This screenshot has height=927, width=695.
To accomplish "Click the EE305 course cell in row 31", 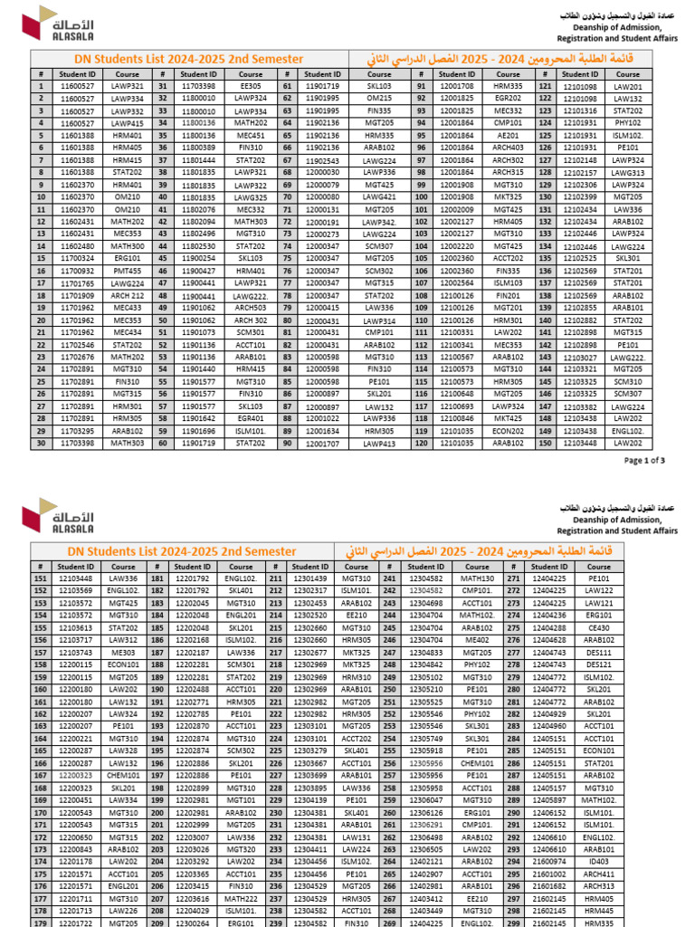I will pyautogui.click(x=251, y=87).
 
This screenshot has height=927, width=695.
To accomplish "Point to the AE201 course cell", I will pyautogui.click(x=509, y=135).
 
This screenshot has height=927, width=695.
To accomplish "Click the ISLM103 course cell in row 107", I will pyautogui.click(x=509, y=282).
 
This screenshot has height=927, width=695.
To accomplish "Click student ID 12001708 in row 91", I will pyautogui.click(x=458, y=87).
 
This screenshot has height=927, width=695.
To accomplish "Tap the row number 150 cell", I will pyautogui.click(x=545, y=444).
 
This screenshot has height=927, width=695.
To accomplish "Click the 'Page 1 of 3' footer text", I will pyautogui.click(x=645, y=460).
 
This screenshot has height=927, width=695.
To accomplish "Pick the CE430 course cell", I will pyautogui.click(x=599, y=626).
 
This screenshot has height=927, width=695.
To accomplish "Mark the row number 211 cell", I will pyautogui.click(x=275, y=578).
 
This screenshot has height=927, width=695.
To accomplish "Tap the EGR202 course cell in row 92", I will pyautogui.click(x=509, y=98).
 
